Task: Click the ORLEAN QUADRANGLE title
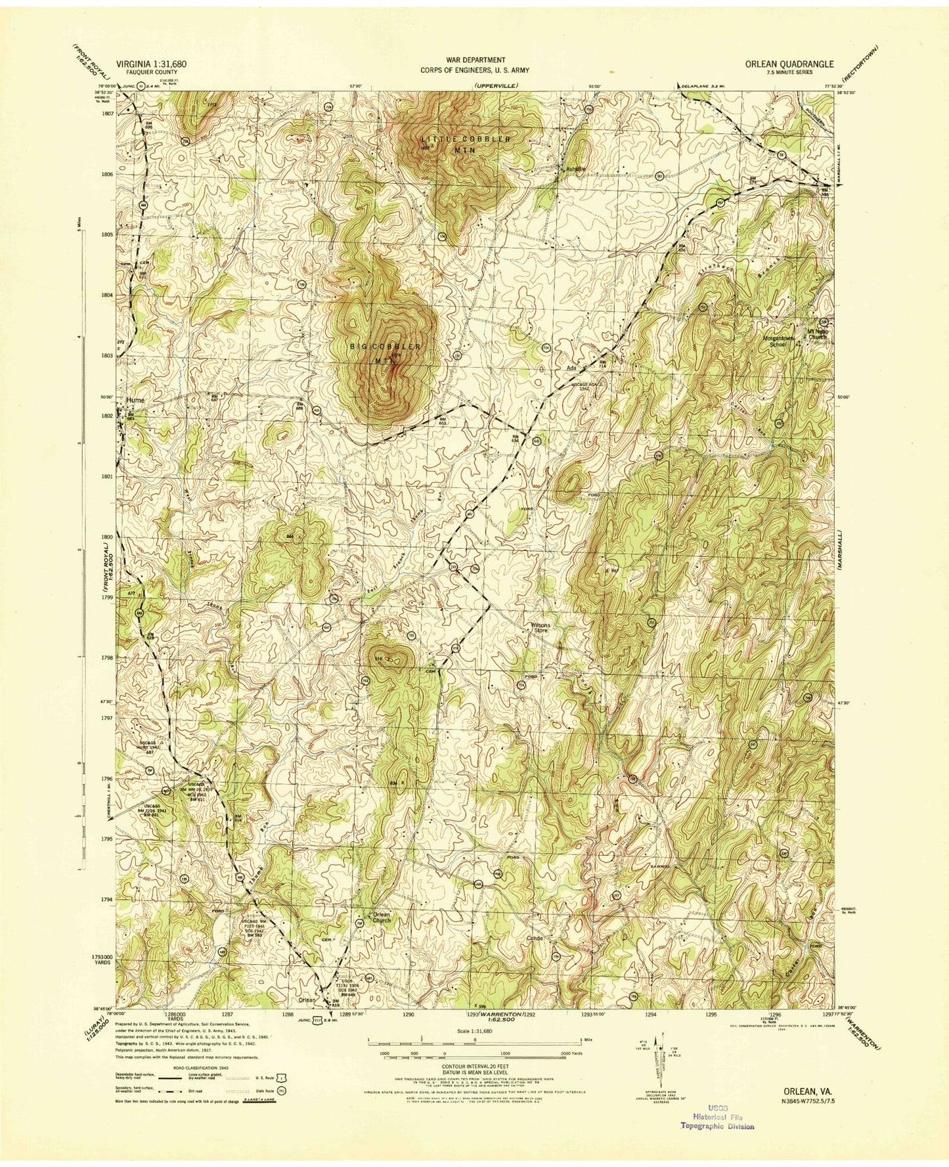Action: (x=789, y=64)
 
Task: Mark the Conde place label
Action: (x=535, y=938)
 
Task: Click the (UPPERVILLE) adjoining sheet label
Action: (x=495, y=85)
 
